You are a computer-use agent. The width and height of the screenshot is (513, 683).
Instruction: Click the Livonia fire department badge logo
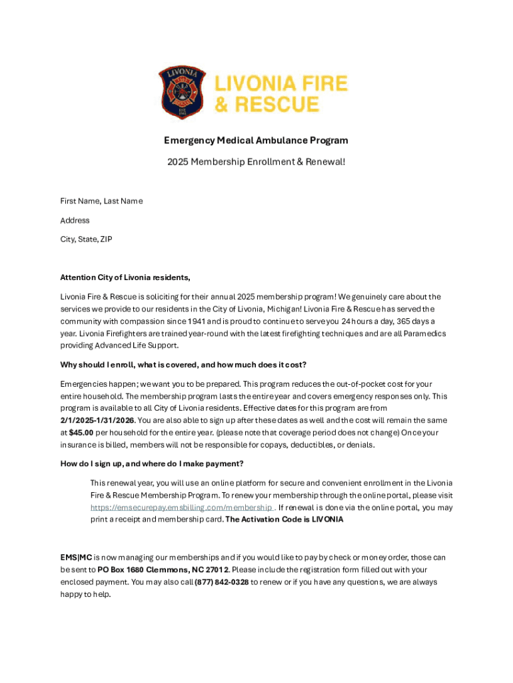point(182,93)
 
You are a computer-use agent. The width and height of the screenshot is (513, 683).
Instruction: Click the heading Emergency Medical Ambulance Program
point(256,141)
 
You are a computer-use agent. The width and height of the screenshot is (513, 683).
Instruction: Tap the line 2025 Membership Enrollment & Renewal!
point(256,162)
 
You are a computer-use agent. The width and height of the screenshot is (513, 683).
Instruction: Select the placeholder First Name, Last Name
point(101,201)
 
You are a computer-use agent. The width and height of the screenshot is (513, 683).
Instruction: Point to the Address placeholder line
point(75,220)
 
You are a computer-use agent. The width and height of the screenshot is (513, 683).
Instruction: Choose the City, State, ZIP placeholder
point(86,239)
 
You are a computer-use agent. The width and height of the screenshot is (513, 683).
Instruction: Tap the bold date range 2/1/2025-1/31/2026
point(97,420)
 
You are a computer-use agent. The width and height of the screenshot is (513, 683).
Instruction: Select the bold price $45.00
point(80,432)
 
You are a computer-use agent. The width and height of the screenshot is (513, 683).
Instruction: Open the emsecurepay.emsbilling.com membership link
point(181,508)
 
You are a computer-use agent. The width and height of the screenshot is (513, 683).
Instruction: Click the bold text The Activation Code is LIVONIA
point(284,520)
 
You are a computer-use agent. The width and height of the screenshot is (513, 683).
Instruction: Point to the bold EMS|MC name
point(76,557)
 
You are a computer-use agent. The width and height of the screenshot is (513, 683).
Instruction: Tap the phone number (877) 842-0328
point(221,582)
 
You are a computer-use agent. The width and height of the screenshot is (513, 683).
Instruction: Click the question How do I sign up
point(151,464)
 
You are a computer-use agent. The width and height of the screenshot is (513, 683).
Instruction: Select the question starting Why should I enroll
point(183,365)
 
